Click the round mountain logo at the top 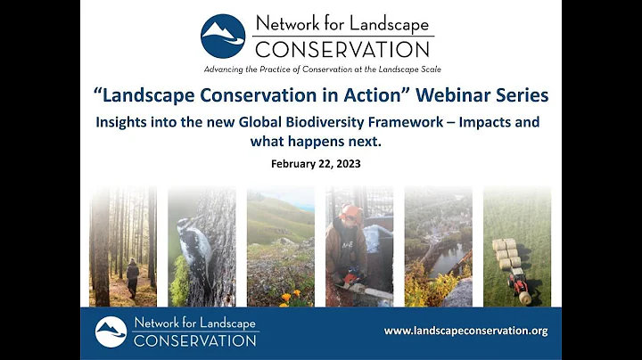coord(223,37)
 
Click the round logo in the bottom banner coord(111,331)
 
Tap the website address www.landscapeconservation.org coord(465,331)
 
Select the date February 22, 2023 coord(320,163)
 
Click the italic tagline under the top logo coord(321,69)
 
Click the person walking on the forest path coord(131,277)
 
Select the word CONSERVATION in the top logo coord(342,48)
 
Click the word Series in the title coord(518,94)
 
